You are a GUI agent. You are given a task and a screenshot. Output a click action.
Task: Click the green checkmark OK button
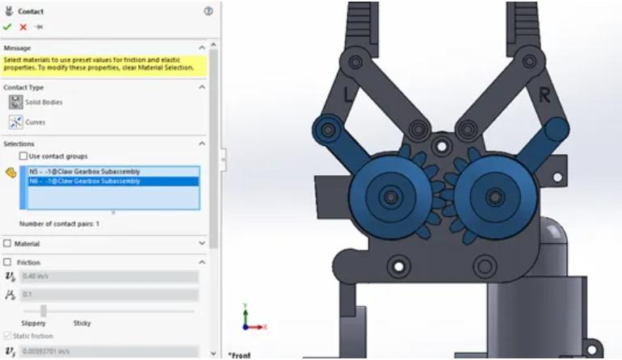[x=7, y=27]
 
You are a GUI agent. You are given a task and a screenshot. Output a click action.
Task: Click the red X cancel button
[x=23, y=27]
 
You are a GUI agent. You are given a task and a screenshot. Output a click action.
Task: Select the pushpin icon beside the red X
[x=38, y=27]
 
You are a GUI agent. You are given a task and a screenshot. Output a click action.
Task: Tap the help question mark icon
[x=208, y=11]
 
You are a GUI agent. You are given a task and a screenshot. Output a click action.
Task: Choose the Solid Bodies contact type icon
[x=16, y=103]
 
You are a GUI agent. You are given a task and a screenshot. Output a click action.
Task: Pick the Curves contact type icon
[x=16, y=122]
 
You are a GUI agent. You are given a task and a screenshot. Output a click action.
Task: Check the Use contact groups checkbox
[x=23, y=156]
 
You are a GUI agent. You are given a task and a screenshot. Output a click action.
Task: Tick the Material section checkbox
[x=7, y=244]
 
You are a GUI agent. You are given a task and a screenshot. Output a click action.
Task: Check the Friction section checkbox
[x=7, y=262]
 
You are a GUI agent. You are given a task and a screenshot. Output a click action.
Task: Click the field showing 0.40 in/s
[x=109, y=277]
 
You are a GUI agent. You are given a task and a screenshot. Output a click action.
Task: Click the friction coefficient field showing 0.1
[x=109, y=295]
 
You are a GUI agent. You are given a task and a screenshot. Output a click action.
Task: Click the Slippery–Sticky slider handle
[x=44, y=311]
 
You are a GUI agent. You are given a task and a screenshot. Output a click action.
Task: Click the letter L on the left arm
[x=348, y=94]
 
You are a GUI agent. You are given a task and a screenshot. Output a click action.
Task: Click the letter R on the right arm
[x=544, y=95]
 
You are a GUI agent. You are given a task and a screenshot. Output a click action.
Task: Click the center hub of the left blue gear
[x=390, y=197]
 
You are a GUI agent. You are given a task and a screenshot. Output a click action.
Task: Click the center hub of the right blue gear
[x=491, y=197]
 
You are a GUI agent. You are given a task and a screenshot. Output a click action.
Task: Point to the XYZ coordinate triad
[x=251, y=320]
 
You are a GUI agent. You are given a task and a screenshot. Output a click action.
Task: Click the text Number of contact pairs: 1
[x=59, y=224]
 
